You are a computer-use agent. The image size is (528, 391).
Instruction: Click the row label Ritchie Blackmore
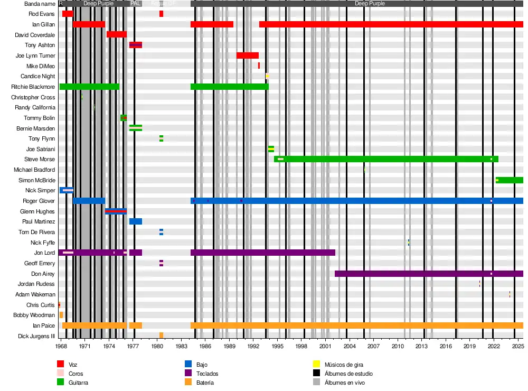pyautogui.click(x=33, y=87)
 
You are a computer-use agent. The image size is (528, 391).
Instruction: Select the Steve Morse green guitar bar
pyautogui.click(x=386, y=159)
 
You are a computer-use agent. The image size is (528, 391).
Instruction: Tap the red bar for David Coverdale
pyautogui.click(x=116, y=34)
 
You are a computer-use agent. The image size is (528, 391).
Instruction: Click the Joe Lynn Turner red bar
pyautogui.click(x=247, y=55)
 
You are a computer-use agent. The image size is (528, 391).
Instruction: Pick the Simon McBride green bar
pyautogui.click(x=510, y=180)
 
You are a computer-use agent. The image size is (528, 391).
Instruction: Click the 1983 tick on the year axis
pyautogui.click(x=181, y=346)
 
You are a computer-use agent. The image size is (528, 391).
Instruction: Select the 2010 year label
pyautogui.click(x=398, y=346)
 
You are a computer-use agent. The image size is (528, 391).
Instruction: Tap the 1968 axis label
pyautogui.click(x=61, y=346)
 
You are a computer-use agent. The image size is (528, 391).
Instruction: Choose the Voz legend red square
pyautogui.click(x=60, y=364)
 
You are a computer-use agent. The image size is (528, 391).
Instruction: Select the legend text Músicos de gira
pyautogui.click(x=344, y=365)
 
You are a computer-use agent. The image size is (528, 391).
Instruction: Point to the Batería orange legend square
pyautogui.click(x=187, y=382)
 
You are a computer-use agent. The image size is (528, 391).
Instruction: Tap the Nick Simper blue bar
pyautogui.click(x=67, y=190)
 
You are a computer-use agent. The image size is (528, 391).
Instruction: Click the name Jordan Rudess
pyautogui.click(x=36, y=284)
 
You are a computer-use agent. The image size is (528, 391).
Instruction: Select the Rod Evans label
pyautogui.click(x=42, y=14)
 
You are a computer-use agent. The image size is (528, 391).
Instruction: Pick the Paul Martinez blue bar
pyautogui.click(x=136, y=221)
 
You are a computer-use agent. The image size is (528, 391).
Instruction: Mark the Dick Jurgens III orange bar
pyautogui.click(x=161, y=336)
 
